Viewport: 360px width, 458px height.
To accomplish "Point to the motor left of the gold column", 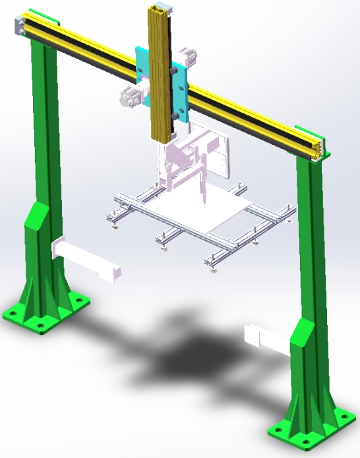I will click(x=129, y=97).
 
